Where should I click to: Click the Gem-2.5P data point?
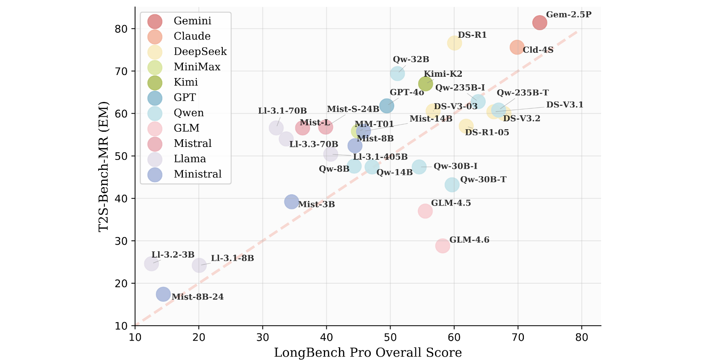tap(539, 23)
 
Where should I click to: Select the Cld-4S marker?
tap(517, 47)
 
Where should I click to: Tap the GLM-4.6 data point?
tap(443, 246)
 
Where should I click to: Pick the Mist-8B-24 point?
tap(163, 294)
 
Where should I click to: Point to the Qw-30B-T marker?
tap(452, 185)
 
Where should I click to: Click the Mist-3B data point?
tap(292, 202)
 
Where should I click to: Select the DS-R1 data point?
tap(454, 43)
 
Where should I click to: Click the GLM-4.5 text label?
tap(451, 203)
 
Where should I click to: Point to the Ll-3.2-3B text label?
tap(173, 255)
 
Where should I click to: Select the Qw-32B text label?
tap(411, 60)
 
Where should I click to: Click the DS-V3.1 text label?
tap(565, 105)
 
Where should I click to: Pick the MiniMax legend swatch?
tap(155, 67)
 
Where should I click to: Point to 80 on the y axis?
tap(122, 29)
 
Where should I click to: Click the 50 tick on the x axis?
tap(390, 338)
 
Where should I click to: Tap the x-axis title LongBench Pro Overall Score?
tap(368, 353)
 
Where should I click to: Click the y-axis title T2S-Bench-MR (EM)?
tap(103, 166)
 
